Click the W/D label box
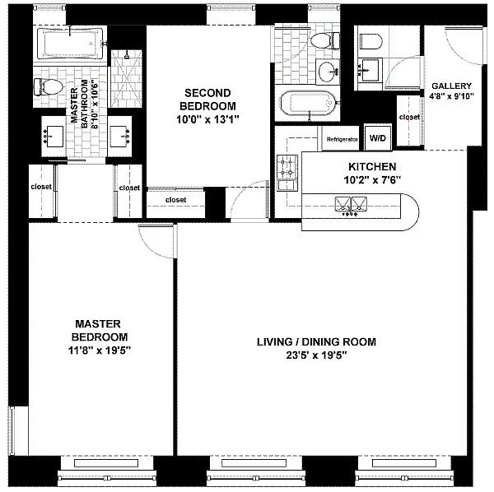click(378, 137)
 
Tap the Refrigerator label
click(342, 139)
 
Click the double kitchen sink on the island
click(351, 205)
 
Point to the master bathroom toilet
click(48, 87)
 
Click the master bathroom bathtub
click(70, 44)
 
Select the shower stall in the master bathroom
click(126, 79)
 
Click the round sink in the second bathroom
click(328, 72)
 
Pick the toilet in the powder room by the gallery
click(370, 42)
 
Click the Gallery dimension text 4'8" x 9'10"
click(451, 95)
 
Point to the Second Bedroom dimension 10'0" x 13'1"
click(207, 119)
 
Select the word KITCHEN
click(372, 166)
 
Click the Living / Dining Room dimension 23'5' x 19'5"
click(316, 355)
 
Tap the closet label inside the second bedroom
click(176, 200)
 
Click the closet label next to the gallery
click(409, 117)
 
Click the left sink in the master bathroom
click(54, 136)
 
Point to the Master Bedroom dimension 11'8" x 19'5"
click(100, 350)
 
